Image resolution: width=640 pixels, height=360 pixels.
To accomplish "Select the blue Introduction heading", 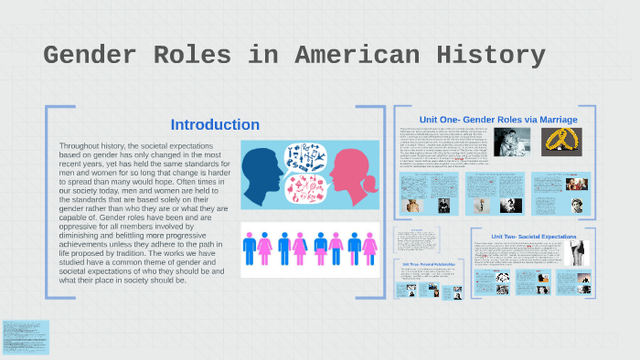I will click(x=215, y=125).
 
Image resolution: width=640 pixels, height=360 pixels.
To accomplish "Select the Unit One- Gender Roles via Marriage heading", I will click(x=497, y=120).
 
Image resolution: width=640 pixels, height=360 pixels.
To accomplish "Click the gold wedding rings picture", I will click(x=562, y=140).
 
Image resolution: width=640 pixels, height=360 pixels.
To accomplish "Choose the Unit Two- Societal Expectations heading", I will click(x=534, y=236).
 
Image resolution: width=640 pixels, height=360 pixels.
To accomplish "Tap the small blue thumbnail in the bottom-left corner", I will click(x=26, y=337).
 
